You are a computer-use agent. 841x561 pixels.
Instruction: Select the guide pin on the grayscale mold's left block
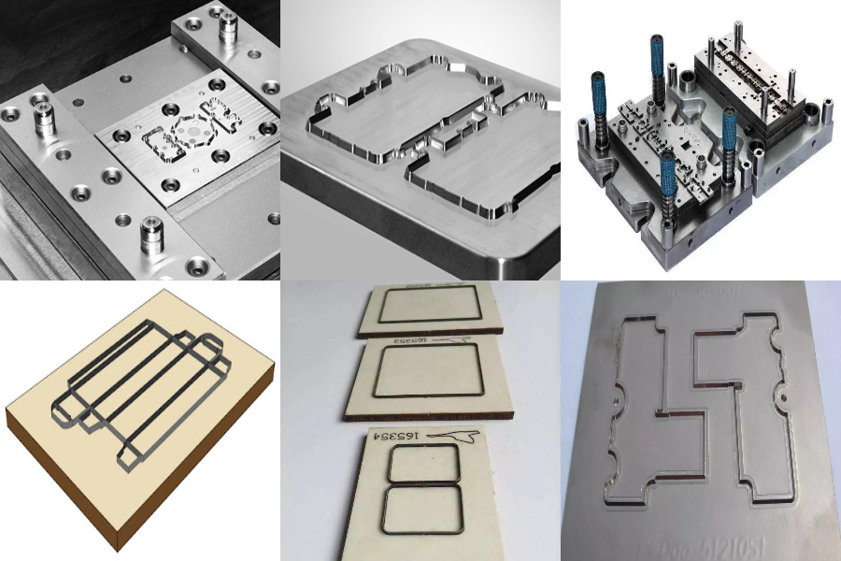coord(42,119)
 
